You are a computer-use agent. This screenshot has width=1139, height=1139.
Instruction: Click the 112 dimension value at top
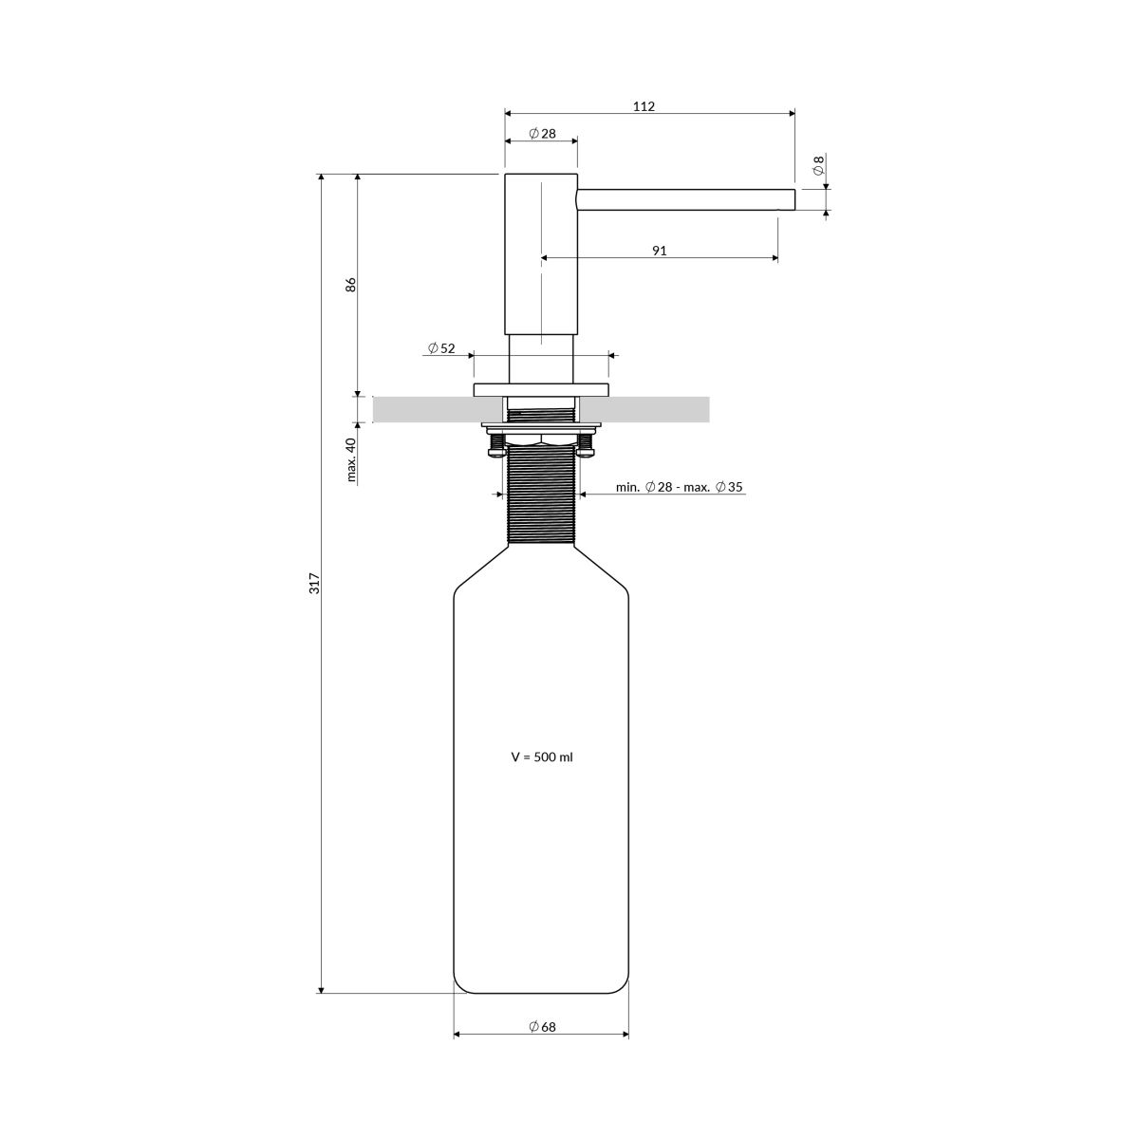click(644, 106)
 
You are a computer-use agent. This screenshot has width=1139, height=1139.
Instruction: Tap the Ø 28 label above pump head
click(542, 134)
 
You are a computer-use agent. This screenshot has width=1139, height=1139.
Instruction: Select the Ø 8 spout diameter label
click(818, 165)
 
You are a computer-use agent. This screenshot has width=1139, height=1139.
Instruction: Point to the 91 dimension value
click(659, 251)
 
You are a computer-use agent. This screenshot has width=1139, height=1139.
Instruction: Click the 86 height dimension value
click(351, 285)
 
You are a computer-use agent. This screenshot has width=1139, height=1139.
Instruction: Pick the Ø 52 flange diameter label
click(441, 348)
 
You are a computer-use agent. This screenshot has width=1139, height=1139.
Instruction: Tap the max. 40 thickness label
click(352, 459)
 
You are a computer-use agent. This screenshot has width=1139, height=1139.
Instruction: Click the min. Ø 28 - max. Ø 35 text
click(680, 487)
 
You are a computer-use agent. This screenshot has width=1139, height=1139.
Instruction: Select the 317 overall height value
click(315, 584)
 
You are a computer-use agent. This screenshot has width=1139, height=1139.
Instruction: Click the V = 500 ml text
click(542, 757)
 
